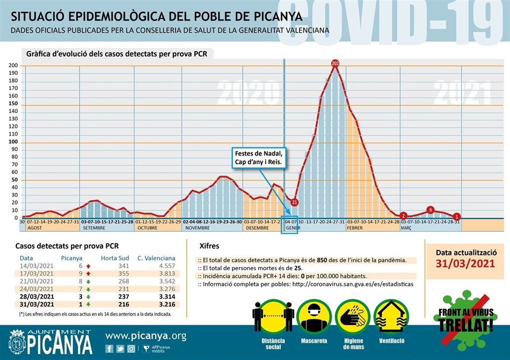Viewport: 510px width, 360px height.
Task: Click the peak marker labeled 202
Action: coord(336,64)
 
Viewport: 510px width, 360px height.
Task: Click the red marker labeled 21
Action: coord(294,202)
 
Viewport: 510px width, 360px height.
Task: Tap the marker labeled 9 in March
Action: coord(430,210)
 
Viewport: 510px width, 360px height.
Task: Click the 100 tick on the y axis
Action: coord(13,142)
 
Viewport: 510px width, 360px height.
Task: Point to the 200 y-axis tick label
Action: coord(13,65)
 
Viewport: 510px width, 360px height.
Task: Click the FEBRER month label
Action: coord(355,227)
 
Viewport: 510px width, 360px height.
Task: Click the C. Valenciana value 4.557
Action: coord(164,266)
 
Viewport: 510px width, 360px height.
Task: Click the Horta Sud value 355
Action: coord(123,273)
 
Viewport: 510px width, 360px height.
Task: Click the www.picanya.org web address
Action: coord(145,336)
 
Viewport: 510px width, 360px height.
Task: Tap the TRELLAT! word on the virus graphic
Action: coord(465,325)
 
